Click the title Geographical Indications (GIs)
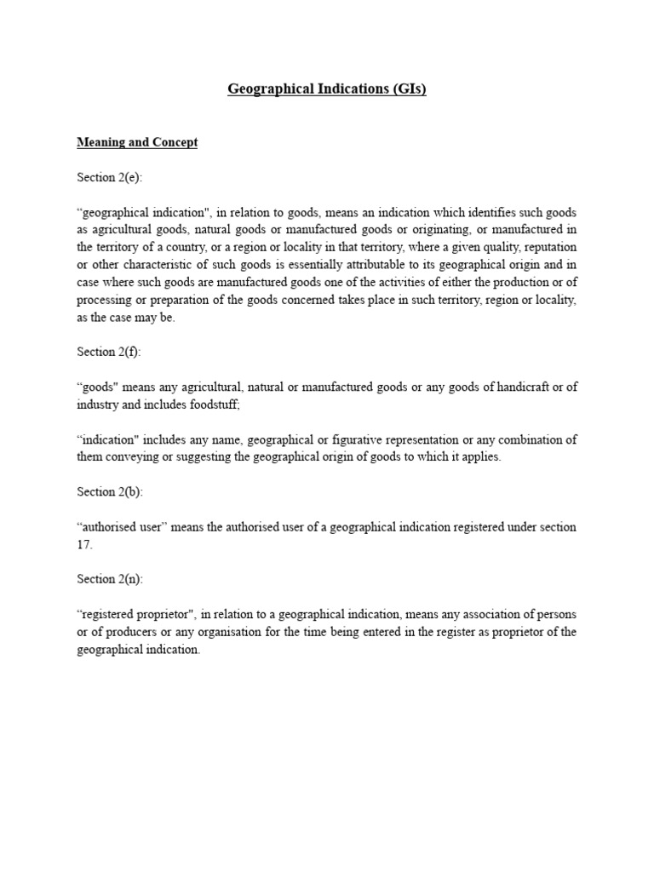point(327,89)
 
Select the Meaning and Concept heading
point(137,142)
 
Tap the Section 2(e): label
point(109,177)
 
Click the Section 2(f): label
point(108,352)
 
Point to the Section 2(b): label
point(109,491)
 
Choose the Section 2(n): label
point(109,579)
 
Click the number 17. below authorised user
point(84,543)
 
